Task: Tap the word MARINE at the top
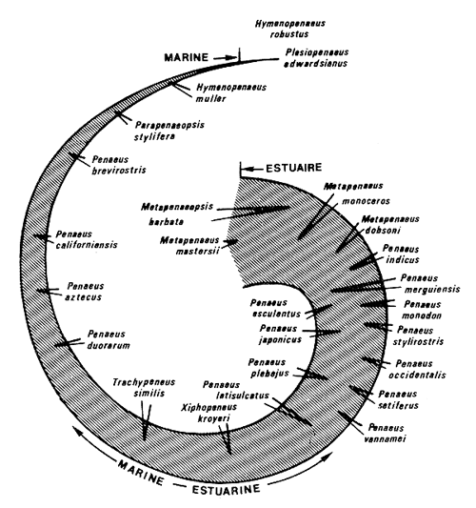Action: [x=180, y=59]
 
